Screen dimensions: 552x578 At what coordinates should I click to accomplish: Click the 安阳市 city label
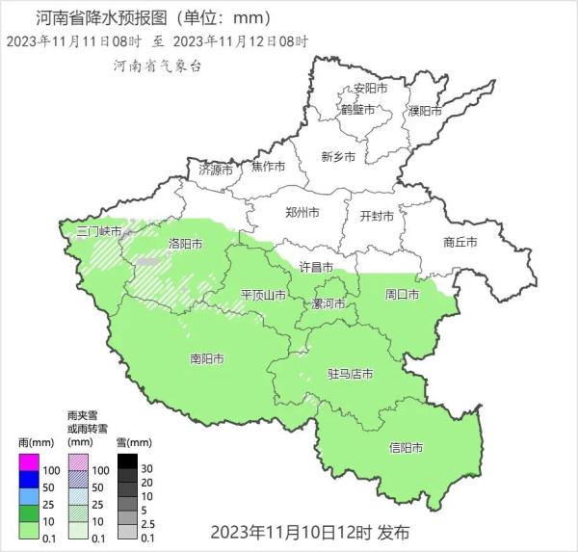tap(370, 88)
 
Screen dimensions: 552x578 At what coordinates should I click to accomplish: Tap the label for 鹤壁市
tap(355, 110)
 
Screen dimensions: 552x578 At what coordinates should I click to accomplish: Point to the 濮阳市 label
tap(425, 110)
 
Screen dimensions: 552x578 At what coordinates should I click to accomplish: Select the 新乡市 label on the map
tap(338, 156)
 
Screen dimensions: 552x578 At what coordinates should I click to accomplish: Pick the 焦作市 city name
tap(268, 166)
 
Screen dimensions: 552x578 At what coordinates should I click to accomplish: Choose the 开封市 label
tap(377, 216)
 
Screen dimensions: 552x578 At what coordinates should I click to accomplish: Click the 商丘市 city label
tap(460, 242)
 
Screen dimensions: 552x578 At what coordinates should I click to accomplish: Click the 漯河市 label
tap(328, 303)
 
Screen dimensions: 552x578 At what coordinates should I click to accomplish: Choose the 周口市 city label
tap(402, 293)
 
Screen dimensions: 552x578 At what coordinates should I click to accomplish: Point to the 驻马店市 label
tap(350, 373)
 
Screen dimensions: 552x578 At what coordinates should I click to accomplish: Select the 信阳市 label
tap(407, 447)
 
